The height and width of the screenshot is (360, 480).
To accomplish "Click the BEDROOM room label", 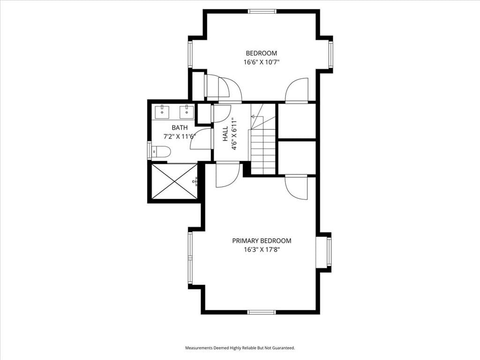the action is pyautogui.click(x=262, y=53).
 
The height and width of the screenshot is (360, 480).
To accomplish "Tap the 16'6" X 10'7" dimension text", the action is pyautogui.click(x=262, y=62).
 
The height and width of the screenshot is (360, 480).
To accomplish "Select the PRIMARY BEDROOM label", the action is pyautogui.click(x=262, y=241).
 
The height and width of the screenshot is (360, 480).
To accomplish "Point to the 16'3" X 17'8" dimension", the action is pyautogui.click(x=262, y=250).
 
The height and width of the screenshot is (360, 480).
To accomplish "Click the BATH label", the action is pyautogui.click(x=180, y=127).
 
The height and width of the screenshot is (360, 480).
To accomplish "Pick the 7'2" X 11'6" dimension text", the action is pyautogui.click(x=180, y=136).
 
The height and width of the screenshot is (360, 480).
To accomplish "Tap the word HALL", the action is pyautogui.click(x=225, y=134).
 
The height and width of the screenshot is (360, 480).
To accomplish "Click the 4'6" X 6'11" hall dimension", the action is pyautogui.click(x=234, y=134).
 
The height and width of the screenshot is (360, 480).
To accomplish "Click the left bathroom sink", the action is pyautogui.click(x=162, y=112).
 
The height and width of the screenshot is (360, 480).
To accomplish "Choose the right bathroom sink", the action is pyautogui.click(x=186, y=112).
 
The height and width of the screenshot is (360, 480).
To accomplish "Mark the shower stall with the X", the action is pyautogui.click(x=174, y=181).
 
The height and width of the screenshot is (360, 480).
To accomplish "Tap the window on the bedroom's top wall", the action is pyautogui.click(x=262, y=12).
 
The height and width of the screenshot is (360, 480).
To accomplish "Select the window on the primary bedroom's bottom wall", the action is pyautogui.click(x=262, y=312).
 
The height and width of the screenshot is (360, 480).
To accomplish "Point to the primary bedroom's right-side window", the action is pyautogui.click(x=329, y=252).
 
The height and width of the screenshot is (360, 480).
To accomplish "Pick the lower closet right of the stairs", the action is pyautogui.click(x=297, y=157).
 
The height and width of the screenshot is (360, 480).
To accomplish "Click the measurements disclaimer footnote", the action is pyautogui.click(x=240, y=348).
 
